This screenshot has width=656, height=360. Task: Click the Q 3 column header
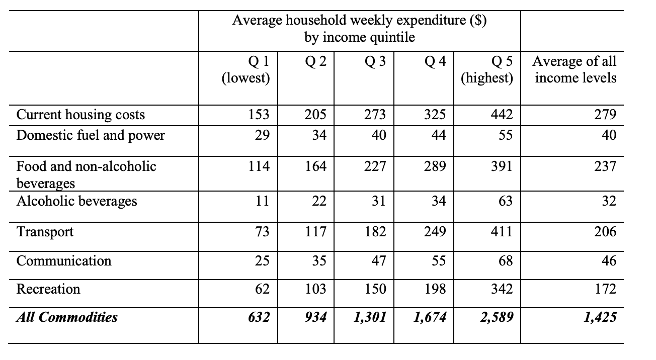(376, 62)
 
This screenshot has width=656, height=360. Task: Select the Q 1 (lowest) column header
(246, 70)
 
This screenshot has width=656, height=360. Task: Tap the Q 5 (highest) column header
(487, 70)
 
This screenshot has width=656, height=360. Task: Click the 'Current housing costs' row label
(80, 115)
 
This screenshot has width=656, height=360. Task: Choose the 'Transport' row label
(45, 232)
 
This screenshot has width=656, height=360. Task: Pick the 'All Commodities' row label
(67, 317)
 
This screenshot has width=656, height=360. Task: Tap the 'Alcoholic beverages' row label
(76, 201)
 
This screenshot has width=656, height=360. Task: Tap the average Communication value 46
(608, 261)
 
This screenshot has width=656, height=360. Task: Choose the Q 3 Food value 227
(376, 166)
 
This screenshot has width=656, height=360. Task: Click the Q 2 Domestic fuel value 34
(319, 135)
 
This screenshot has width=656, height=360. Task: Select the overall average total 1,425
(601, 317)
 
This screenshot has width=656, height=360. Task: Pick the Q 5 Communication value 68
(506, 261)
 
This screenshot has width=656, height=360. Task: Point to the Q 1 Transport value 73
(262, 232)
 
